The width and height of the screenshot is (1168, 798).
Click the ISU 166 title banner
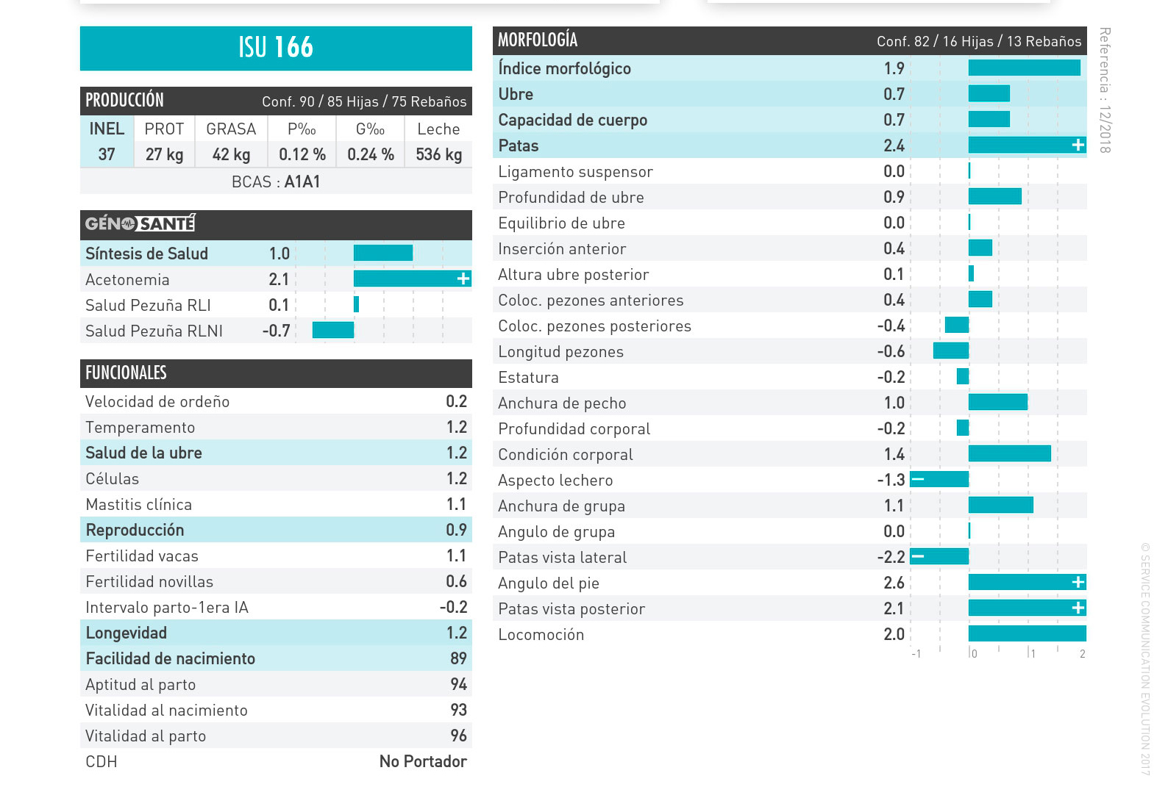tap(276, 48)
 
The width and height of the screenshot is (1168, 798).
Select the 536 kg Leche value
tap(438, 154)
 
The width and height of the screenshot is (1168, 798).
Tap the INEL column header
tap(107, 129)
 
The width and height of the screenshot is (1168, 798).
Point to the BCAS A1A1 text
tap(276, 181)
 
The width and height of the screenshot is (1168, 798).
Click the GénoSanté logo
tap(140, 223)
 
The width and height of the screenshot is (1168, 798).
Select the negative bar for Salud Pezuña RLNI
tap(333, 330)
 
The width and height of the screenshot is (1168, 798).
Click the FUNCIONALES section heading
tap(126, 373)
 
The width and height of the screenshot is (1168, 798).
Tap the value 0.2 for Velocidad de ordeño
tap(456, 401)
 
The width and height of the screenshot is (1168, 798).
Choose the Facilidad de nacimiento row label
tap(171, 658)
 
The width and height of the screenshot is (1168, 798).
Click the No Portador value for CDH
tap(423, 761)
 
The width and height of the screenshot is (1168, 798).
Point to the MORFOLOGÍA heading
tap(538, 40)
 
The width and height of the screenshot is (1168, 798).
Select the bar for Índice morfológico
tap(1024, 68)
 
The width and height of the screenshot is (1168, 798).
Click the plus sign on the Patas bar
tap(1078, 145)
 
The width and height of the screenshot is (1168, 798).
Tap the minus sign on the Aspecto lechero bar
tap(918, 480)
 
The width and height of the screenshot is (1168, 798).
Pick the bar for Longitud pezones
tap(950, 351)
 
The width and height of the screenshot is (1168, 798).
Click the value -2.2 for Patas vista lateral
tap(891, 557)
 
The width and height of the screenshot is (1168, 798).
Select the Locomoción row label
tap(541, 635)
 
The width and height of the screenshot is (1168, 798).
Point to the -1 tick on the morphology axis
tap(916, 654)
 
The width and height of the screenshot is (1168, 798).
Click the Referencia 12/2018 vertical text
tap(1104, 90)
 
